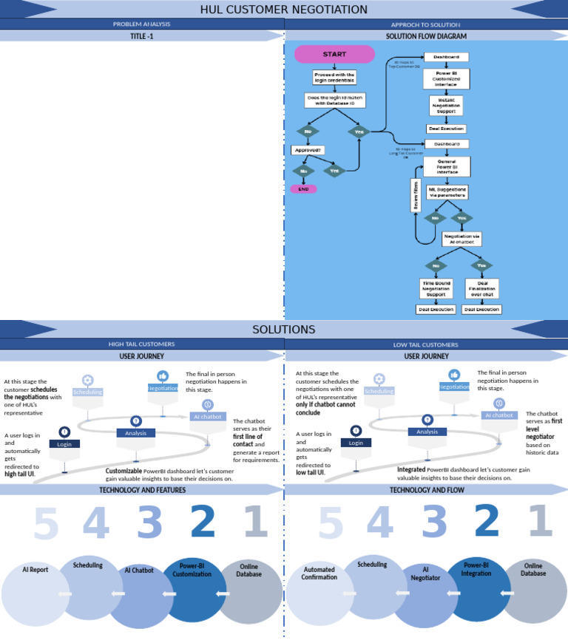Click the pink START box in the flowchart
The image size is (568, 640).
(334, 55)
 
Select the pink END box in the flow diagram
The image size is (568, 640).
(303, 189)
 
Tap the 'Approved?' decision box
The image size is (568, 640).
(308, 150)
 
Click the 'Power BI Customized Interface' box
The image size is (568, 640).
(446, 78)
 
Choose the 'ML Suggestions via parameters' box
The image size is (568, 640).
(447, 193)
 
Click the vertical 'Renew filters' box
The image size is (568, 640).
(416, 196)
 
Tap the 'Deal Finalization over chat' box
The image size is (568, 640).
(482, 288)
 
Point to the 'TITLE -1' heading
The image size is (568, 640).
(142, 35)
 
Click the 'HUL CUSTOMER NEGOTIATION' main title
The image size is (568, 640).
(284, 10)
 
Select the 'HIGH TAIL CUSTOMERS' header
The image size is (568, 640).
(142, 344)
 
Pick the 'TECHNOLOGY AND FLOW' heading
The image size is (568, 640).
(426, 489)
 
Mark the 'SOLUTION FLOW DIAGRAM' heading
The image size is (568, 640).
(426, 35)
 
